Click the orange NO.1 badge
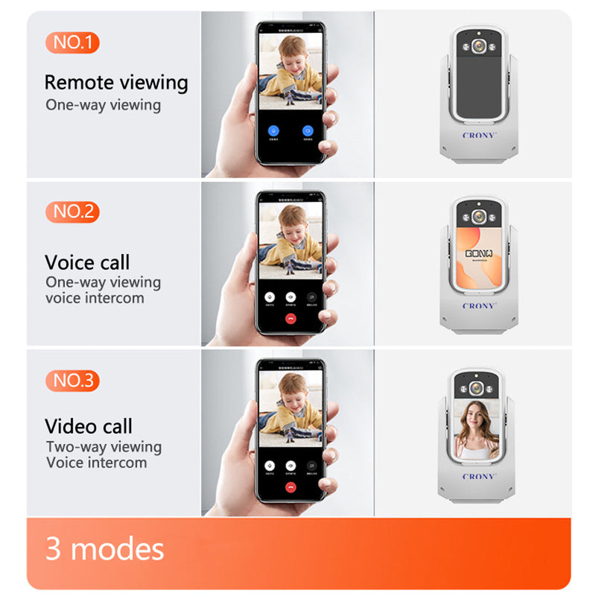(x=72, y=42)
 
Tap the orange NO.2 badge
(x=72, y=212)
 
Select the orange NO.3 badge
(x=72, y=381)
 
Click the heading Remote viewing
(x=116, y=82)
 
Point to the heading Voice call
(x=87, y=262)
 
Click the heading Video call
(x=89, y=427)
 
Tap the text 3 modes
(x=105, y=549)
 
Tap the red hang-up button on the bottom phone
(x=291, y=486)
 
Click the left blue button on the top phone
(x=273, y=130)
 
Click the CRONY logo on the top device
(x=479, y=136)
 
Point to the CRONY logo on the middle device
(x=478, y=305)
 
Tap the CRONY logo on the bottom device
(x=478, y=476)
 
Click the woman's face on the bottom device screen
(x=478, y=416)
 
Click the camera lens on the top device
(x=479, y=46)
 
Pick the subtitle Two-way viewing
(x=104, y=447)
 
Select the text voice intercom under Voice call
(x=95, y=298)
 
